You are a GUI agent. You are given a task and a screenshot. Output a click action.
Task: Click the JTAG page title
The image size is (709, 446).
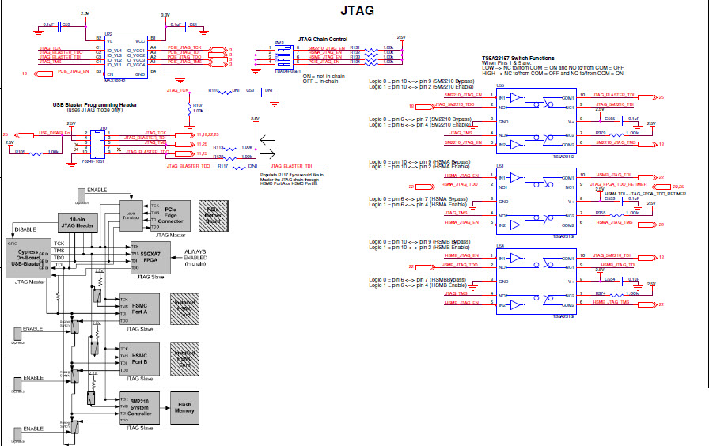[x=356, y=11]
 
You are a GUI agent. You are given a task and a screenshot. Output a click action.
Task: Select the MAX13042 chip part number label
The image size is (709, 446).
[x=116, y=79]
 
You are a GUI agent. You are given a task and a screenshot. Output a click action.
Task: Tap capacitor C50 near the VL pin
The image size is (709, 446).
[x=66, y=25]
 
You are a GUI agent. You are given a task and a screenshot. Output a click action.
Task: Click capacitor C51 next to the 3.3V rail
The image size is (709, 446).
[x=193, y=25]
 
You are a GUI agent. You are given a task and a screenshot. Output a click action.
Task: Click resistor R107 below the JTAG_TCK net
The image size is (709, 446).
[x=197, y=105]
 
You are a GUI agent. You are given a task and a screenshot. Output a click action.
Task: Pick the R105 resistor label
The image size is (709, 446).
[x=21, y=151]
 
